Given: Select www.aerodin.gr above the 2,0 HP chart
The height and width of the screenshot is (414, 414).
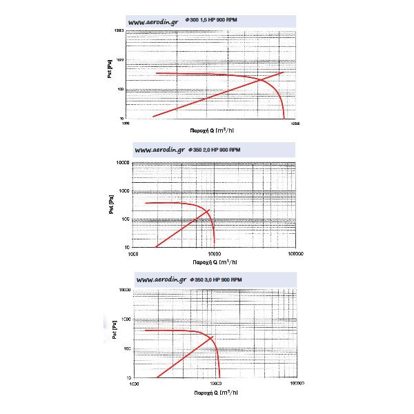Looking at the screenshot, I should (x=159, y=150).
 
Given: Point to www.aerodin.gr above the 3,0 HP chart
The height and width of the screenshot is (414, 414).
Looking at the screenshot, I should (x=161, y=279).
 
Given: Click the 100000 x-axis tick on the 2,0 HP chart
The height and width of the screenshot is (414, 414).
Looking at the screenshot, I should (x=295, y=253).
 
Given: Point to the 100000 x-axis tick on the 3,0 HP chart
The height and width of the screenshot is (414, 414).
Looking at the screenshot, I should (x=297, y=384).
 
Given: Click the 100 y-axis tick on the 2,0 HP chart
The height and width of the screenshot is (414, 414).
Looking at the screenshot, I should (x=124, y=219).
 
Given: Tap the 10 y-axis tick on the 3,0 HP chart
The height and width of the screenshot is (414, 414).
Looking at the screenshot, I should (x=128, y=378).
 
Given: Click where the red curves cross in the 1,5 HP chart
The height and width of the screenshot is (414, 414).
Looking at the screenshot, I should (x=262, y=79).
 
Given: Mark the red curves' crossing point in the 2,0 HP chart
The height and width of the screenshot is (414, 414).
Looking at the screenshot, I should (x=208, y=210).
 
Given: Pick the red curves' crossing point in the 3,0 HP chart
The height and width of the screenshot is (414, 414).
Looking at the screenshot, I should (x=211, y=338).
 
